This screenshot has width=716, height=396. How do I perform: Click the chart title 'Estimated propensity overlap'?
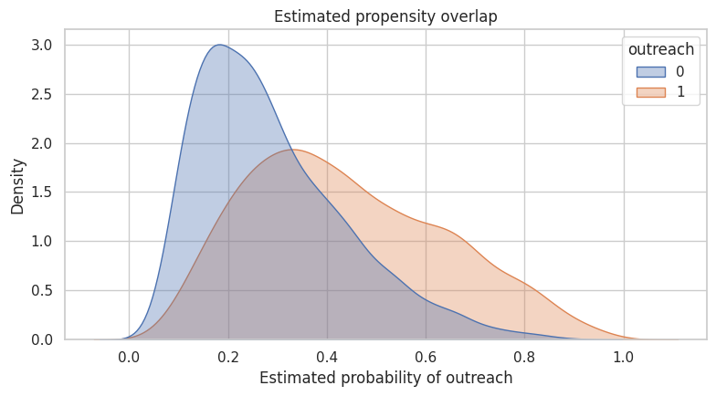(x=385, y=16)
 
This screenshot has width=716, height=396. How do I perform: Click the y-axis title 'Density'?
(x=17, y=186)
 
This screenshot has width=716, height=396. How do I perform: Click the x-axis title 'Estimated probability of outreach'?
(x=385, y=378)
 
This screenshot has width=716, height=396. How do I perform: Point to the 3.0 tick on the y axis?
(x=42, y=46)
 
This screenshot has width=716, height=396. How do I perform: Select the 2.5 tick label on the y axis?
(x=42, y=95)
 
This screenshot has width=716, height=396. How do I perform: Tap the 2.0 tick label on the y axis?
(x=42, y=143)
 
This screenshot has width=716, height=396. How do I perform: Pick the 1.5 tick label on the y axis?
(x=42, y=193)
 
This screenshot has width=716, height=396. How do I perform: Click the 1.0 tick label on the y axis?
(x=42, y=241)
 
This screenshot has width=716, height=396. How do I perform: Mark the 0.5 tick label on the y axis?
(x=42, y=290)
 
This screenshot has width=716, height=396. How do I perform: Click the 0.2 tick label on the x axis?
(x=228, y=357)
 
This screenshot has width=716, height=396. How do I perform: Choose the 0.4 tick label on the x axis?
(x=327, y=357)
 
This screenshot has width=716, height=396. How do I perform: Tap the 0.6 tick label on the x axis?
(x=426, y=357)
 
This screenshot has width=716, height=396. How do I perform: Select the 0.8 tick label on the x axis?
(x=524, y=357)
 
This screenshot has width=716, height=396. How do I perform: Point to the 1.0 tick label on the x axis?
(x=623, y=357)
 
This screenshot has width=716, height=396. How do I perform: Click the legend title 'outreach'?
(x=661, y=49)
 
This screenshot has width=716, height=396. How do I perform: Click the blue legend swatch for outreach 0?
(x=650, y=72)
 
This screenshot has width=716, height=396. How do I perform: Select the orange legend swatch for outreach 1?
(x=650, y=92)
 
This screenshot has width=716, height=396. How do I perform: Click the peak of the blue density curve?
(x=219, y=45)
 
